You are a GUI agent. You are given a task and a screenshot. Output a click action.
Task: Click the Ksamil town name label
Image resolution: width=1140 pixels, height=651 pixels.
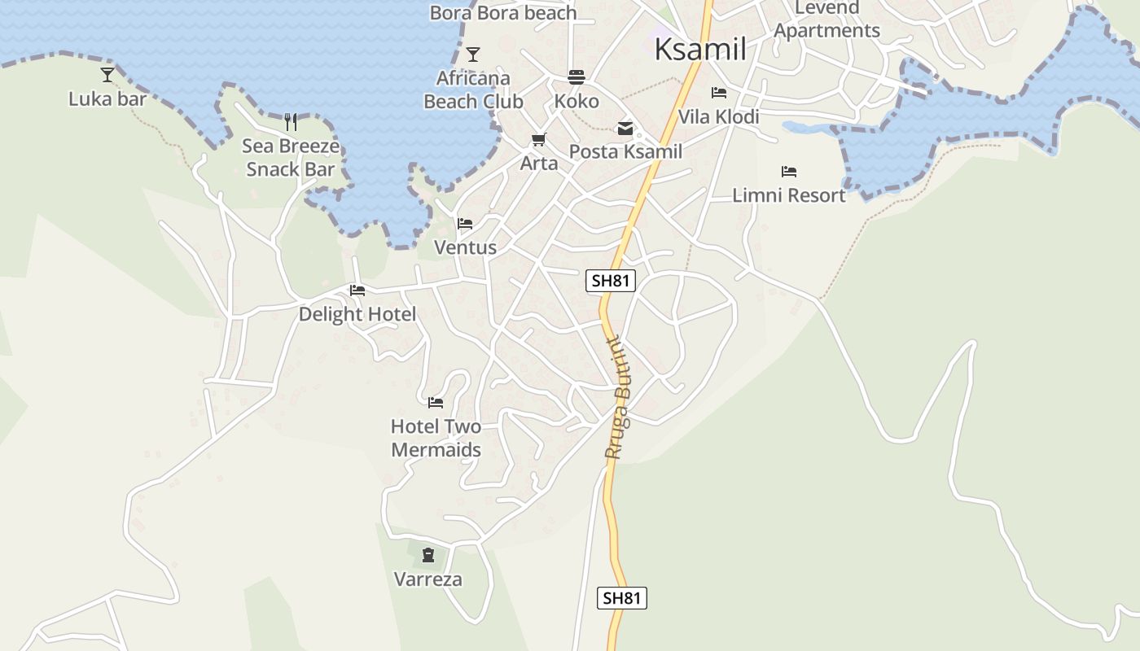coord(700,49)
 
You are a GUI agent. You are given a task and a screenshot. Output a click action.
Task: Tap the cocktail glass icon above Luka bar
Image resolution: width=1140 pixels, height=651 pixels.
coord(107,75)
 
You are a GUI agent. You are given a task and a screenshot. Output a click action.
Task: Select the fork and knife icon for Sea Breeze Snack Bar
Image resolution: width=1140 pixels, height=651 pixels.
coord(291,122)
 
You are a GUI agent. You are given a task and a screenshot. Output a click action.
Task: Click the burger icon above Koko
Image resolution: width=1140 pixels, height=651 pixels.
coord(577,77)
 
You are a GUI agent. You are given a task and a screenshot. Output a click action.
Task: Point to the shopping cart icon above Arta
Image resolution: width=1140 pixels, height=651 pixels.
coord(538,140)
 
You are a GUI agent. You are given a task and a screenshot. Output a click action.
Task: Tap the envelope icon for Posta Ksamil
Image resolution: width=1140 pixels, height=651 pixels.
coord(625,128)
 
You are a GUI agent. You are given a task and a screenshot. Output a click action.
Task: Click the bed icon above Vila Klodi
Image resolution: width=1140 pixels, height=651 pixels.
coord(718,93)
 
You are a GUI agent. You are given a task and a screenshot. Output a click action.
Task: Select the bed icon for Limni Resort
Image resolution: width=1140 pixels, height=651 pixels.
coord(788,172)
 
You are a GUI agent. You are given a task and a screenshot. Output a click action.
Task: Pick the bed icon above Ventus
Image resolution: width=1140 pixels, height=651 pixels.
coord(465,224)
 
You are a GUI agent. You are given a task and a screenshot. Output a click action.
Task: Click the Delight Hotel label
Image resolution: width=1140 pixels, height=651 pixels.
coord(357,314)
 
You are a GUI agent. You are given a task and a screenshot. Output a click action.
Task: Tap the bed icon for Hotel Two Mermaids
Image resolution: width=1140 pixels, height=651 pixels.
coord(436,402)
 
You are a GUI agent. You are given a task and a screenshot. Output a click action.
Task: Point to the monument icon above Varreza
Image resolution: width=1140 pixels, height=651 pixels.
coord(428,556)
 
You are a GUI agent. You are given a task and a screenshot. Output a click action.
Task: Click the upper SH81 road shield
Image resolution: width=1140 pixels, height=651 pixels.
coord(611,282)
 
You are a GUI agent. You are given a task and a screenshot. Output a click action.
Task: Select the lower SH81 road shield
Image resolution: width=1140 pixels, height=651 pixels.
coord(622,598)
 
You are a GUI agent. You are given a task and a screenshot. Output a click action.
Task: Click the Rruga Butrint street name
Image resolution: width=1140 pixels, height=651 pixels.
coord(623,399)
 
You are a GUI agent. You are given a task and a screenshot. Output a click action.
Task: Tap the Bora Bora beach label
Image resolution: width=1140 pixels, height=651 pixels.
coord(503,13)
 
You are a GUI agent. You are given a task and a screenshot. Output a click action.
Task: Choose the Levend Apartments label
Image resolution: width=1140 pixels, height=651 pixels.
coord(826,20)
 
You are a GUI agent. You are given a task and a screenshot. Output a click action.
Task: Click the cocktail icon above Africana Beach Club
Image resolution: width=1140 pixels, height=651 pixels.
coord(473,55)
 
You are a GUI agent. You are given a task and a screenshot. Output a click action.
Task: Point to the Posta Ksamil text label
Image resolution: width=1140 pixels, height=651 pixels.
coord(625,151)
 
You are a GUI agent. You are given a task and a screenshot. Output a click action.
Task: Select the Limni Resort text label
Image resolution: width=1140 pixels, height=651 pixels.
coord(789,195)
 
